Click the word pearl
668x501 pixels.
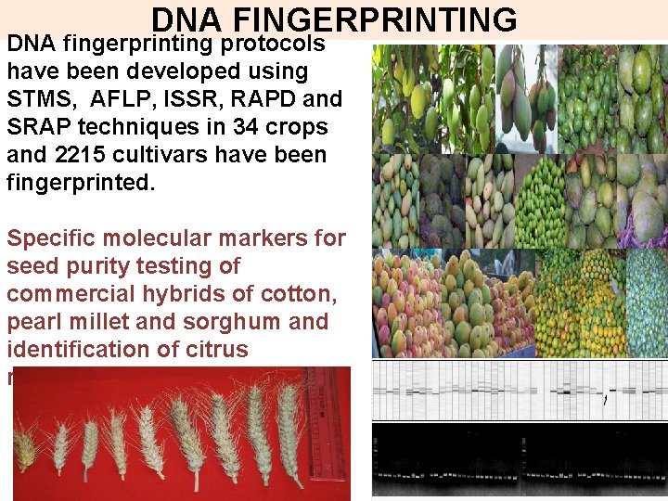[33, 322]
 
